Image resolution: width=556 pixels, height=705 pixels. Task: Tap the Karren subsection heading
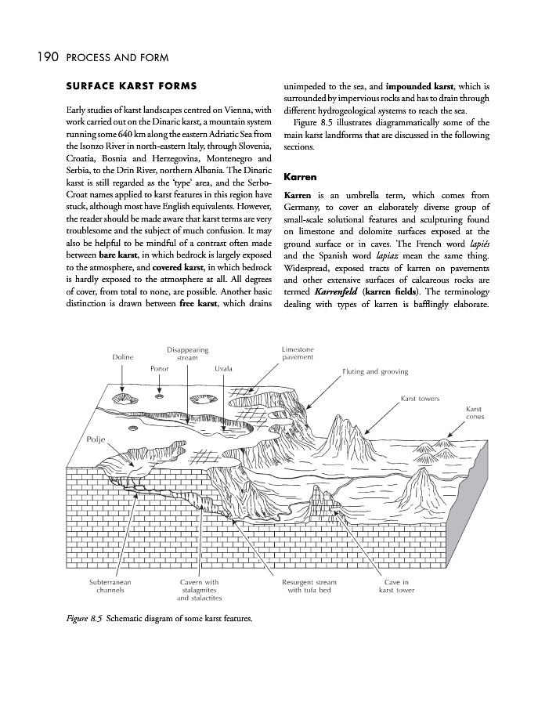coord(300,178)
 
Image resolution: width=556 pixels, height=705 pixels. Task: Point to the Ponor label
coord(161,367)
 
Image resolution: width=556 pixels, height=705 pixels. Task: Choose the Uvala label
coord(224,367)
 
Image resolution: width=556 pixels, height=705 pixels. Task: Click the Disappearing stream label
coord(187,353)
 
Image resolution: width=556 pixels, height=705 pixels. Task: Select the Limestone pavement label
coord(298,352)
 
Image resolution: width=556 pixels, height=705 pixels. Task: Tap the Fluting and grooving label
coord(375,371)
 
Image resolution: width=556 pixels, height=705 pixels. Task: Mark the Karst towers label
coord(421,399)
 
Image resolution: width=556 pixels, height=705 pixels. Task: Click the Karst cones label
coord(474,413)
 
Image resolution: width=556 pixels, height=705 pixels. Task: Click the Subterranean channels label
coord(109,587)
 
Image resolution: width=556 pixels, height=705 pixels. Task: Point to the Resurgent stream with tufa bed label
coord(309,587)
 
